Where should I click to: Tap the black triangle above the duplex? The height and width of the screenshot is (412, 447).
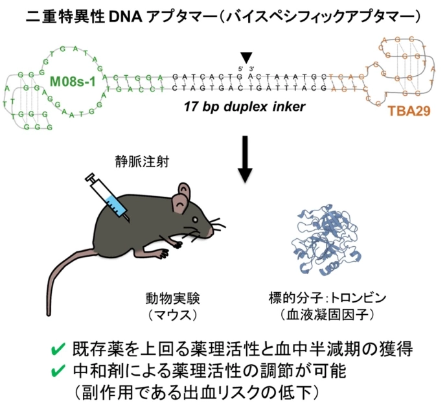[246, 58]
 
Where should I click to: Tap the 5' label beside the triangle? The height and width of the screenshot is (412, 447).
[239, 68]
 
